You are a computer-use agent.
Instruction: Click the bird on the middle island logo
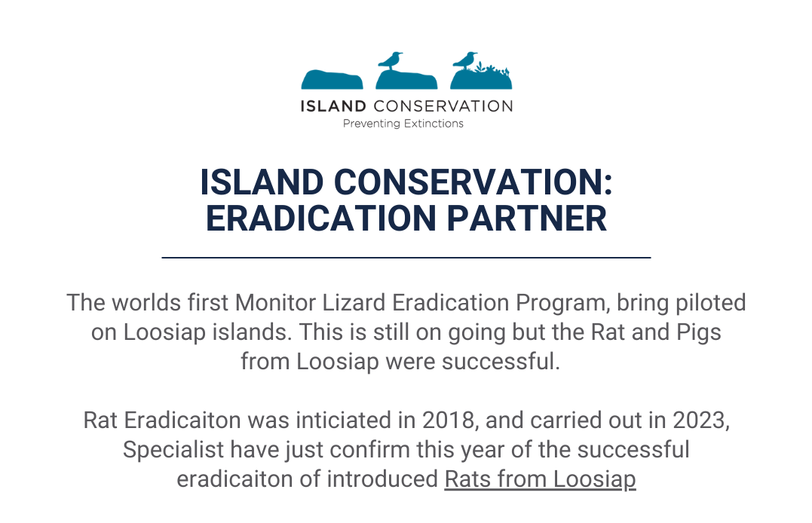click(390, 60)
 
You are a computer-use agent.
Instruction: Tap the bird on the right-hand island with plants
click(464, 60)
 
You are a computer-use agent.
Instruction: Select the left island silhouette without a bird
click(332, 79)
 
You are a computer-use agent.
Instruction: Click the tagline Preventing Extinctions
click(403, 124)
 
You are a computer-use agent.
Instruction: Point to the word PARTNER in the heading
click(527, 218)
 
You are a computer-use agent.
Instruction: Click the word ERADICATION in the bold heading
click(321, 218)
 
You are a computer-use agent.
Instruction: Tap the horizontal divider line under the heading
click(406, 257)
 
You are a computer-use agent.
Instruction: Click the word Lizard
click(354, 302)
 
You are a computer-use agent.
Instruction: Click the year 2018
click(449, 420)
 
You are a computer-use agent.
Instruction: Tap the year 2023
click(699, 420)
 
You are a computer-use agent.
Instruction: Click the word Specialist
click(173, 449)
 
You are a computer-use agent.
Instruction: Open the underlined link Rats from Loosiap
click(540, 479)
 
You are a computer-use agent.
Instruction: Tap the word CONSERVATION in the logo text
click(443, 106)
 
